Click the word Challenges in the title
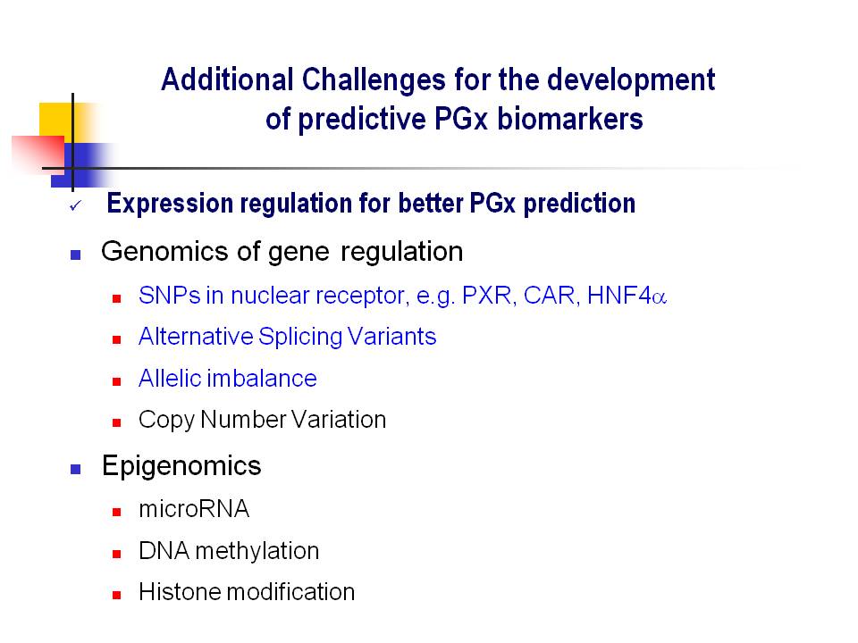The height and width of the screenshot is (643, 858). pyautogui.click(x=374, y=80)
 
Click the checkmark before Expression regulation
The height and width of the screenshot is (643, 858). pyautogui.click(x=75, y=205)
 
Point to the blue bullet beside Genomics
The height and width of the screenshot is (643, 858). pyautogui.click(x=75, y=255)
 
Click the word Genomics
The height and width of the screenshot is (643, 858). pyautogui.click(x=164, y=252)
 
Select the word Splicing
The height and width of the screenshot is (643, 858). pyautogui.click(x=300, y=337)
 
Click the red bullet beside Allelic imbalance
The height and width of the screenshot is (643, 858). pyautogui.click(x=116, y=381)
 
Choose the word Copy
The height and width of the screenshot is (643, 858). pyautogui.click(x=166, y=421)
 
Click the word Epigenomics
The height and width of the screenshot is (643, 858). pyautogui.click(x=181, y=466)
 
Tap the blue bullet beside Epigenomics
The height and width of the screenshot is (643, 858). pyautogui.click(x=75, y=469)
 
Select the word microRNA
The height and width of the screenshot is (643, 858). pyautogui.click(x=194, y=509)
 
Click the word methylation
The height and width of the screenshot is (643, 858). pyautogui.click(x=257, y=551)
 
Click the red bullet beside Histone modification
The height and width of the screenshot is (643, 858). pyautogui.click(x=116, y=596)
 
